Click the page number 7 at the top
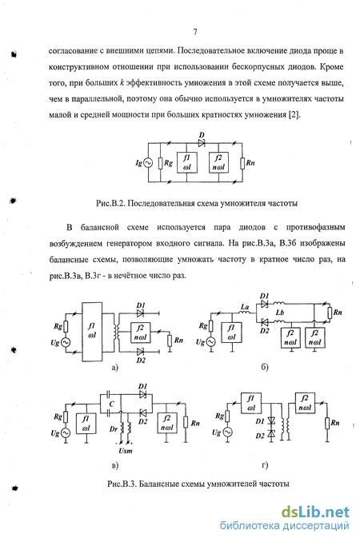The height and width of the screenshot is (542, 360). (x=195, y=32)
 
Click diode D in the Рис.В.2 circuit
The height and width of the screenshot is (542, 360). (x=202, y=142)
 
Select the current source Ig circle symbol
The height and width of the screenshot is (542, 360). (x=148, y=163)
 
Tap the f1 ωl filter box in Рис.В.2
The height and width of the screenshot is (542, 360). (x=186, y=162)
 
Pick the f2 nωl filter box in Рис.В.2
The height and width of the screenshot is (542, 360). (x=218, y=162)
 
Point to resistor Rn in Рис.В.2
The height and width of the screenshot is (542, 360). (x=242, y=163)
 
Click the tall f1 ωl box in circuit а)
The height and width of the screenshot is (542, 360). (x=92, y=332)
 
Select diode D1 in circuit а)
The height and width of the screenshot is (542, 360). (x=140, y=313)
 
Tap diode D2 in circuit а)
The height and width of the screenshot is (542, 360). (x=140, y=352)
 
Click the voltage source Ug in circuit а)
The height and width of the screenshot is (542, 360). (x=65, y=342)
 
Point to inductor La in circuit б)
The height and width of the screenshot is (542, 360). (x=245, y=313)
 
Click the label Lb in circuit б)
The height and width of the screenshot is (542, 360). (x=280, y=313)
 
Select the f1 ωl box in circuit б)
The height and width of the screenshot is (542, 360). (x=232, y=333)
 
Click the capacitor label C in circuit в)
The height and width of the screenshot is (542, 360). (x=112, y=404)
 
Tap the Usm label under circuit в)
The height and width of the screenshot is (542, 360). (x=125, y=451)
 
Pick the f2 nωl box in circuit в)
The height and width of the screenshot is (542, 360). (x=166, y=423)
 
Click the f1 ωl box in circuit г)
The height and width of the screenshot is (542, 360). (x=251, y=403)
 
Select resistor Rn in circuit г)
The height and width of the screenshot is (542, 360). (x=327, y=423)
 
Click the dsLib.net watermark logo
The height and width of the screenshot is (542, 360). (x=315, y=512)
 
